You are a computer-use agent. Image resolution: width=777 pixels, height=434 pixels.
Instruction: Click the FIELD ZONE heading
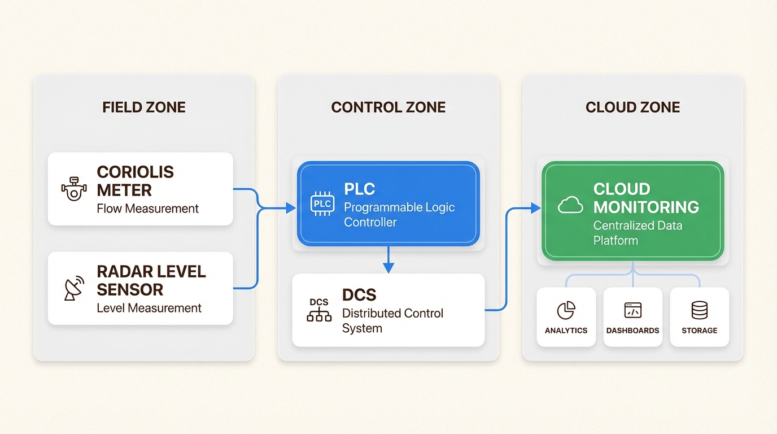pos(144,107)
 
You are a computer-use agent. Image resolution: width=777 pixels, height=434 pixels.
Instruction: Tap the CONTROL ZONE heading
pos(388,107)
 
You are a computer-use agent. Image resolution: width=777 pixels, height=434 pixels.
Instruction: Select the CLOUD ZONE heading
pos(632,107)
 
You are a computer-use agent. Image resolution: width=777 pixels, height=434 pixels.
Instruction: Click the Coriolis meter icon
pos(74,189)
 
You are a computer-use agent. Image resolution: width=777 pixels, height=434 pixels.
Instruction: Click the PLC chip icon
pos(322,203)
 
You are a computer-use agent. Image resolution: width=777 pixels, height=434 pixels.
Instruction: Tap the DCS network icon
pos(319,310)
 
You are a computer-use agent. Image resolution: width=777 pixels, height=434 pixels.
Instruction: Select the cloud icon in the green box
pos(570,205)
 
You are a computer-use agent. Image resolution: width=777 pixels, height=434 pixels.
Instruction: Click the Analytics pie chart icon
pos(566,310)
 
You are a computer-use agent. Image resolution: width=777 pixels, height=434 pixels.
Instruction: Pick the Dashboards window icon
pos(632,310)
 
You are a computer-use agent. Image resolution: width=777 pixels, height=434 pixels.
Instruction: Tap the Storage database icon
pos(699,310)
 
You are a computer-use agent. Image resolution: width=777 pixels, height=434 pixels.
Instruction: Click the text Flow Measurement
pos(148,209)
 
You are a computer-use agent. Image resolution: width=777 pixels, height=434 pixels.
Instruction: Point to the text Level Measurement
pos(149,308)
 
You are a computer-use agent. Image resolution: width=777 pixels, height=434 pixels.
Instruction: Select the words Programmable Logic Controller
pos(399,215)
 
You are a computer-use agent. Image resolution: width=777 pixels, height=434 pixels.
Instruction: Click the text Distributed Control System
pos(392,320)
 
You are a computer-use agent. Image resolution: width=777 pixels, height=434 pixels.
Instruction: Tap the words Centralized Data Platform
pos(638,233)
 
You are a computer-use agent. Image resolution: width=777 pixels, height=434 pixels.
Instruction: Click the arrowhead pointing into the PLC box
pos(291,209)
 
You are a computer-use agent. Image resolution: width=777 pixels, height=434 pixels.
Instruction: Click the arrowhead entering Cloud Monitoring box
pos(535,209)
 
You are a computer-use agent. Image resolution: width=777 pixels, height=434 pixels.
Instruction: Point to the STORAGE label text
pos(699,331)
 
